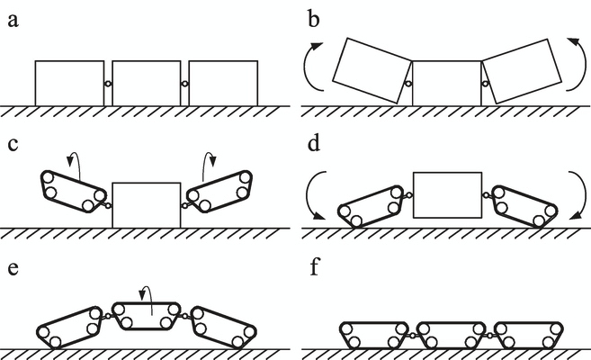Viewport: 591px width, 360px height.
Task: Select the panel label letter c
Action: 13,143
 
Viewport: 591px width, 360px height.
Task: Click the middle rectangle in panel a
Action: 146,83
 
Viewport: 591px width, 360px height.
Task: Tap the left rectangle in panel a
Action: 69,83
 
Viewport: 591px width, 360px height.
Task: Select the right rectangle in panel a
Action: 223,83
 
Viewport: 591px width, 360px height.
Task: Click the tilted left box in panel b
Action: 372,70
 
